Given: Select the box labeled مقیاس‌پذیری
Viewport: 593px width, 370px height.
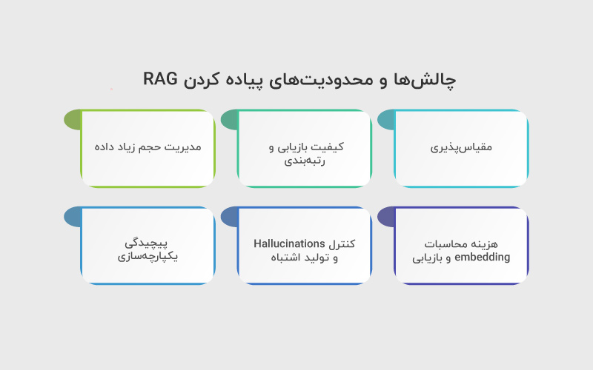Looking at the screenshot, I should click(461, 148).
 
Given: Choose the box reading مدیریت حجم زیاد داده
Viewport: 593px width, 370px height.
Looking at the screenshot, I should click(148, 148).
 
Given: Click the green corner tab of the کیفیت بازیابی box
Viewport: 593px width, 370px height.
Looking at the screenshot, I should click(229, 119).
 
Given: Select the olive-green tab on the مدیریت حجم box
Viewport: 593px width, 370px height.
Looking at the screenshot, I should click(72, 119).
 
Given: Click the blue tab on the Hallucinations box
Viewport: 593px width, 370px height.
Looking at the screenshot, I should click(229, 216).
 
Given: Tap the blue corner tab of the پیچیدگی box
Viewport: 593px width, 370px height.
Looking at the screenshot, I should click(72, 216).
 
